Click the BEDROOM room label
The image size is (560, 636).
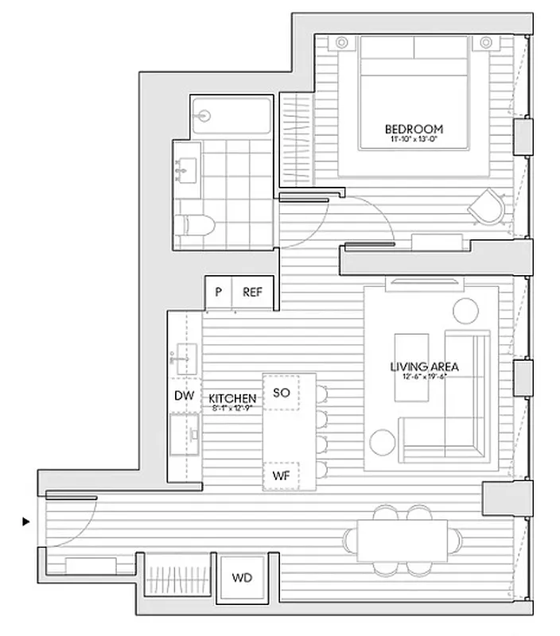click(x=414, y=129)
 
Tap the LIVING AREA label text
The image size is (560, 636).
click(x=424, y=366)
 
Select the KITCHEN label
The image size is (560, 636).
click(x=232, y=397)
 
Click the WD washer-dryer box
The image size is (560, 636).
click(x=242, y=578)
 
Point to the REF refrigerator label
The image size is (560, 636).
click(x=252, y=292)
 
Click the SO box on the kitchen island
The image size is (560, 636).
click(x=281, y=392)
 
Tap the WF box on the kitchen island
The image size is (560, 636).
click(x=281, y=475)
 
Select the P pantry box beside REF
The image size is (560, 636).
click(x=218, y=292)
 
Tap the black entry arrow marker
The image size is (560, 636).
click(x=26, y=522)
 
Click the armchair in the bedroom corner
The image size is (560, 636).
click(x=486, y=207)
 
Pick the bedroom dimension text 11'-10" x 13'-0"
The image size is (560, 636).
click(x=414, y=140)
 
